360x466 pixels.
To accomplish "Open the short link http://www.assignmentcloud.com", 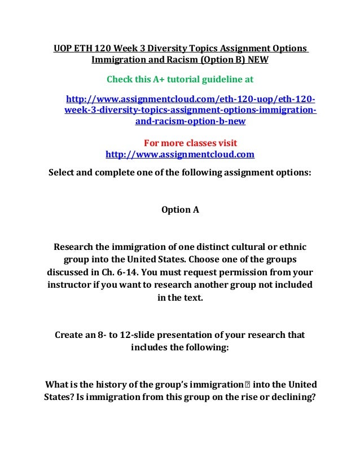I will click(180, 154).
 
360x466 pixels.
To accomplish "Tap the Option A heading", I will click(180, 210).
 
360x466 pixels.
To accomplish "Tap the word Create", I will click(69, 335).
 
